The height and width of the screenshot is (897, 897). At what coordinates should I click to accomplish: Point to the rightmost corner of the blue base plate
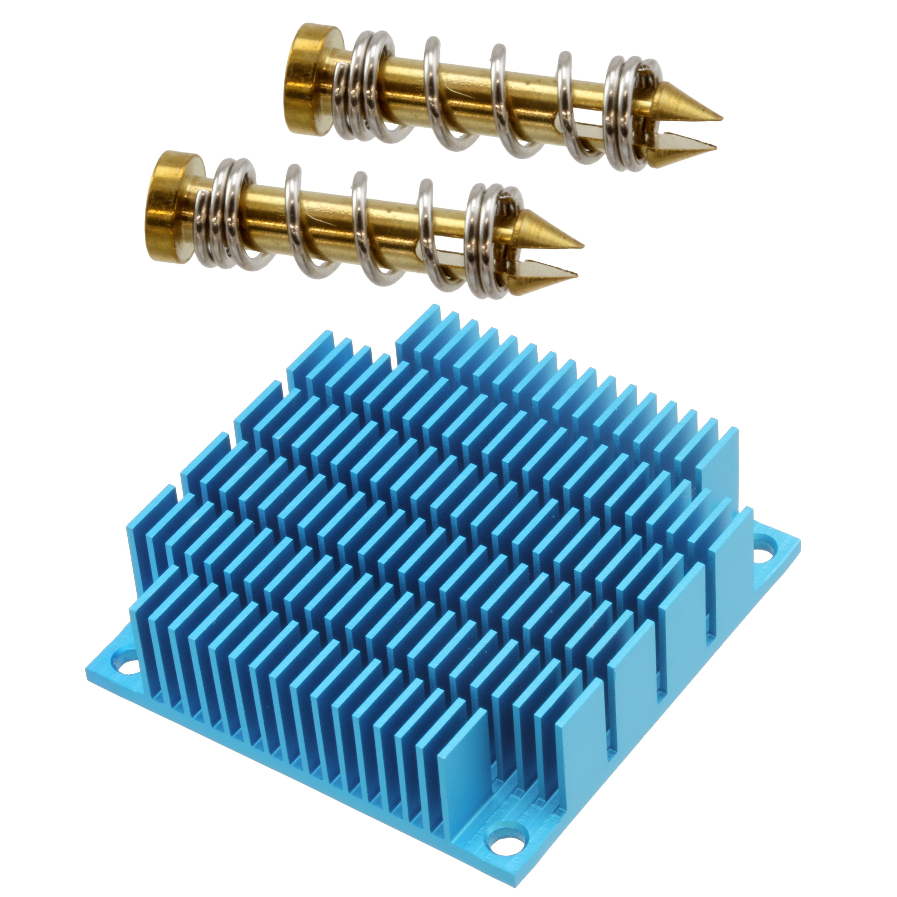pos(799,541)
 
